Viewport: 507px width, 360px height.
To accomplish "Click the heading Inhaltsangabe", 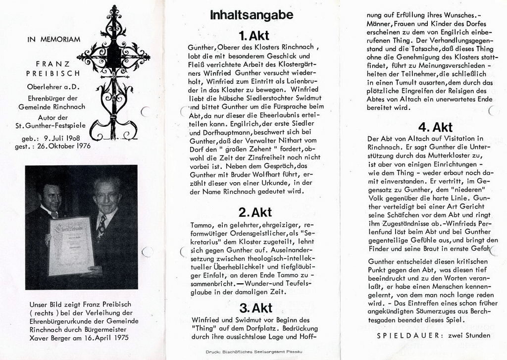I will (252, 15).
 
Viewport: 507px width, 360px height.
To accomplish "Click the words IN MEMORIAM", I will (54, 40).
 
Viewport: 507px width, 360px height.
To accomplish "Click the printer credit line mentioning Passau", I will (253, 352).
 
